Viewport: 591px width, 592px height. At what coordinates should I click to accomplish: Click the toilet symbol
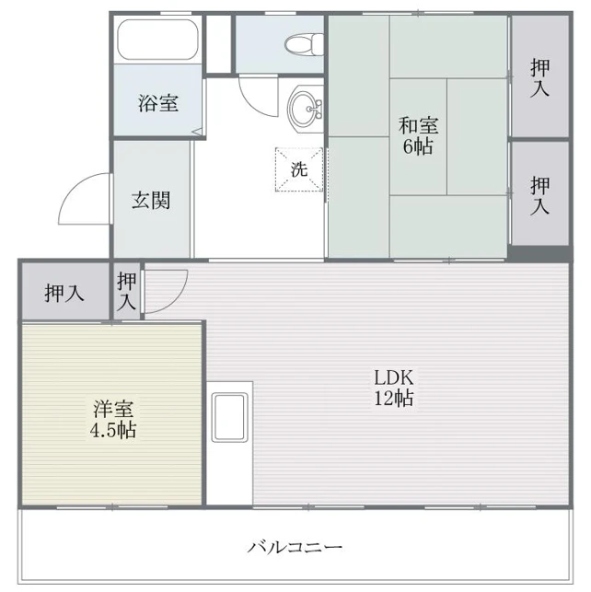304,44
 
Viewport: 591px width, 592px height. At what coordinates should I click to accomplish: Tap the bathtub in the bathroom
157,40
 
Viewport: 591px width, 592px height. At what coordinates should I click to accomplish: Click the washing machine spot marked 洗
299,169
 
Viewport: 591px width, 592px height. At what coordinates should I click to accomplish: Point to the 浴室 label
158,102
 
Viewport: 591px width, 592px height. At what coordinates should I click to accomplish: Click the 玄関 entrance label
151,200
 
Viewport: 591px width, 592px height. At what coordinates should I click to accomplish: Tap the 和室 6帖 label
418,136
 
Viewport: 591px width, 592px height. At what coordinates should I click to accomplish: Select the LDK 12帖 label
394,388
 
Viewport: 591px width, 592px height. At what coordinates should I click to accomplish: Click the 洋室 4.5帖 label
113,419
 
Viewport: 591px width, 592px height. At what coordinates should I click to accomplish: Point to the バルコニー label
295,547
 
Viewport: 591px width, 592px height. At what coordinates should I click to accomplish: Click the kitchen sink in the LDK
230,417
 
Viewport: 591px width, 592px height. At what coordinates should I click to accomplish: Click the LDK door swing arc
174,299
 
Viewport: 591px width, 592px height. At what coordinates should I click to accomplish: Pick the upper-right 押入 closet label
540,78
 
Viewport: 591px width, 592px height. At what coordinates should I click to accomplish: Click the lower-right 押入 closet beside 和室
540,193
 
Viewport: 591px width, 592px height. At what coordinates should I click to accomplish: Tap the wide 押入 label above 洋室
64,293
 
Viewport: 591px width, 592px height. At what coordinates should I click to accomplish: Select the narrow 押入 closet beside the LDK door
126,291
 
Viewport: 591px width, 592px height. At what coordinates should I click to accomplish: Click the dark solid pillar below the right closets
539,252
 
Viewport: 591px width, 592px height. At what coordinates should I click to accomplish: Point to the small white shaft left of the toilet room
218,44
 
